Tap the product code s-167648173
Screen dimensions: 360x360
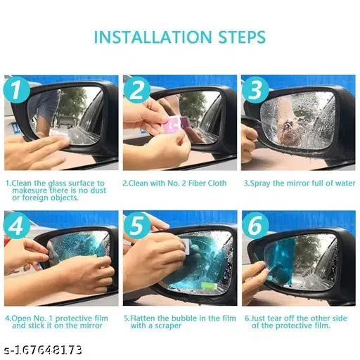(42, 349)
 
